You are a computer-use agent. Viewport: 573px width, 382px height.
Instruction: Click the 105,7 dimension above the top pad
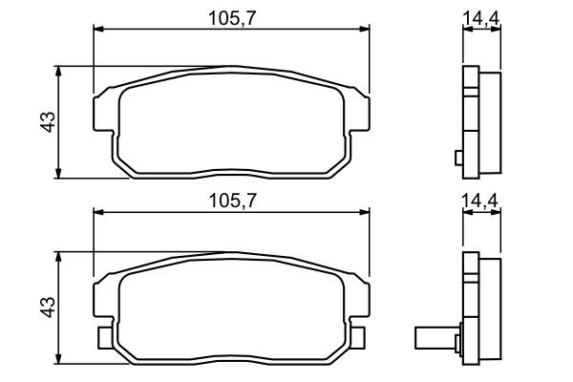(232, 18)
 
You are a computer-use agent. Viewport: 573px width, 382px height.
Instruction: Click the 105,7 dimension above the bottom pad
(232, 201)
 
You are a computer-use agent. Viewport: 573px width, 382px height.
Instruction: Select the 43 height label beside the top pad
(48, 121)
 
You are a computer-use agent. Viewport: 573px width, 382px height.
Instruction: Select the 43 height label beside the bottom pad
(48, 308)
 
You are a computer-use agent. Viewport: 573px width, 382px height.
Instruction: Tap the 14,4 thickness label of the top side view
(481, 17)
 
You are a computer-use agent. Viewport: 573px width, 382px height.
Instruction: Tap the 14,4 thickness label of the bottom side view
(480, 201)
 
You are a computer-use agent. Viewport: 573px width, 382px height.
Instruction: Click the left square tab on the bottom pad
(104, 338)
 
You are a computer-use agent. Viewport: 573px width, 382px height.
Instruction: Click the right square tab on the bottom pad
(358, 338)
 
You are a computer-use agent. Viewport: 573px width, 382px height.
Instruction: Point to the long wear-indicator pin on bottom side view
(437, 338)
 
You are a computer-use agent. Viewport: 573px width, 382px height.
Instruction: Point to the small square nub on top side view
(459, 158)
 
